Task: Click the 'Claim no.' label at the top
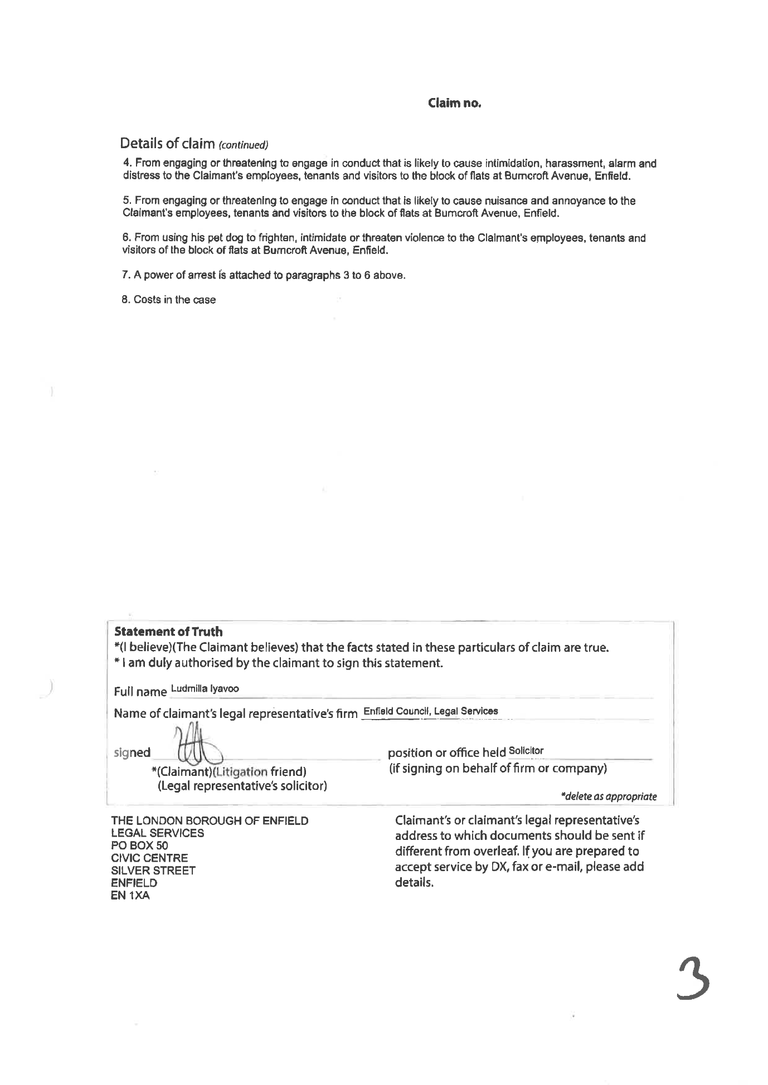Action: pos(454,103)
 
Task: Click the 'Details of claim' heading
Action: pos(167,144)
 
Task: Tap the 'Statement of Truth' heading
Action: pos(168,632)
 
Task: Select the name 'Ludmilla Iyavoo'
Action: pos(205,688)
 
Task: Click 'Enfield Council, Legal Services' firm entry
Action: pos(430,711)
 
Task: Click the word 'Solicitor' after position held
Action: pos(526,750)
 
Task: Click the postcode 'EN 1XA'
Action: pos(130,896)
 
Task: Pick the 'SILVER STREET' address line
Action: pos(153,871)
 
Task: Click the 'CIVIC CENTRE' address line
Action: pos(149,858)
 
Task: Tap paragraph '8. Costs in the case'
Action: pos(169,300)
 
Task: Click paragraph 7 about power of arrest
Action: pos(263,275)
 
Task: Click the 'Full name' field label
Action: pos(140,692)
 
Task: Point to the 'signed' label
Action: pos(132,752)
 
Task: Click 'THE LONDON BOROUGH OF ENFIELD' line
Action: pos(210,820)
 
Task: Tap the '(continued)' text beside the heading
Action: pos(243,145)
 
